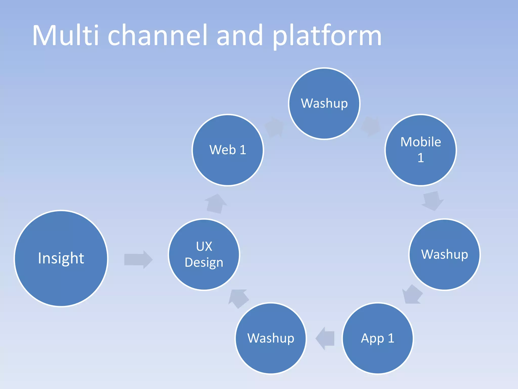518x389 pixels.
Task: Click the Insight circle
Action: tap(61, 258)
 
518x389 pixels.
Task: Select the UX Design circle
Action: tap(204, 254)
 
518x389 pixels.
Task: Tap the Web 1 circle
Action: tap(228, 150)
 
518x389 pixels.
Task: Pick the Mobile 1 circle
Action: tap(421, 150)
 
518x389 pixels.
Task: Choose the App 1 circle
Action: tap(378, 338)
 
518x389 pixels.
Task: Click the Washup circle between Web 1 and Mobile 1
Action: tap(324, 103)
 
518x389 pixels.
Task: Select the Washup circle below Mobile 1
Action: tap(444, 254)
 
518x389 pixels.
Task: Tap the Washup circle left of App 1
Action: tap(271, 338)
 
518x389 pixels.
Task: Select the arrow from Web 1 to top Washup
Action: tap(274, 127)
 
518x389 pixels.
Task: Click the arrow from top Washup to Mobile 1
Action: tap(371, 127)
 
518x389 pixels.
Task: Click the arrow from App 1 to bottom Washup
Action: tap(326, 338)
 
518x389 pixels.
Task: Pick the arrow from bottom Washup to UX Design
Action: tap(239, 298)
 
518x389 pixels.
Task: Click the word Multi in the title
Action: tap(65, 35)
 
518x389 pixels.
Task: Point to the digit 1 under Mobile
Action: tap(420, 158)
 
